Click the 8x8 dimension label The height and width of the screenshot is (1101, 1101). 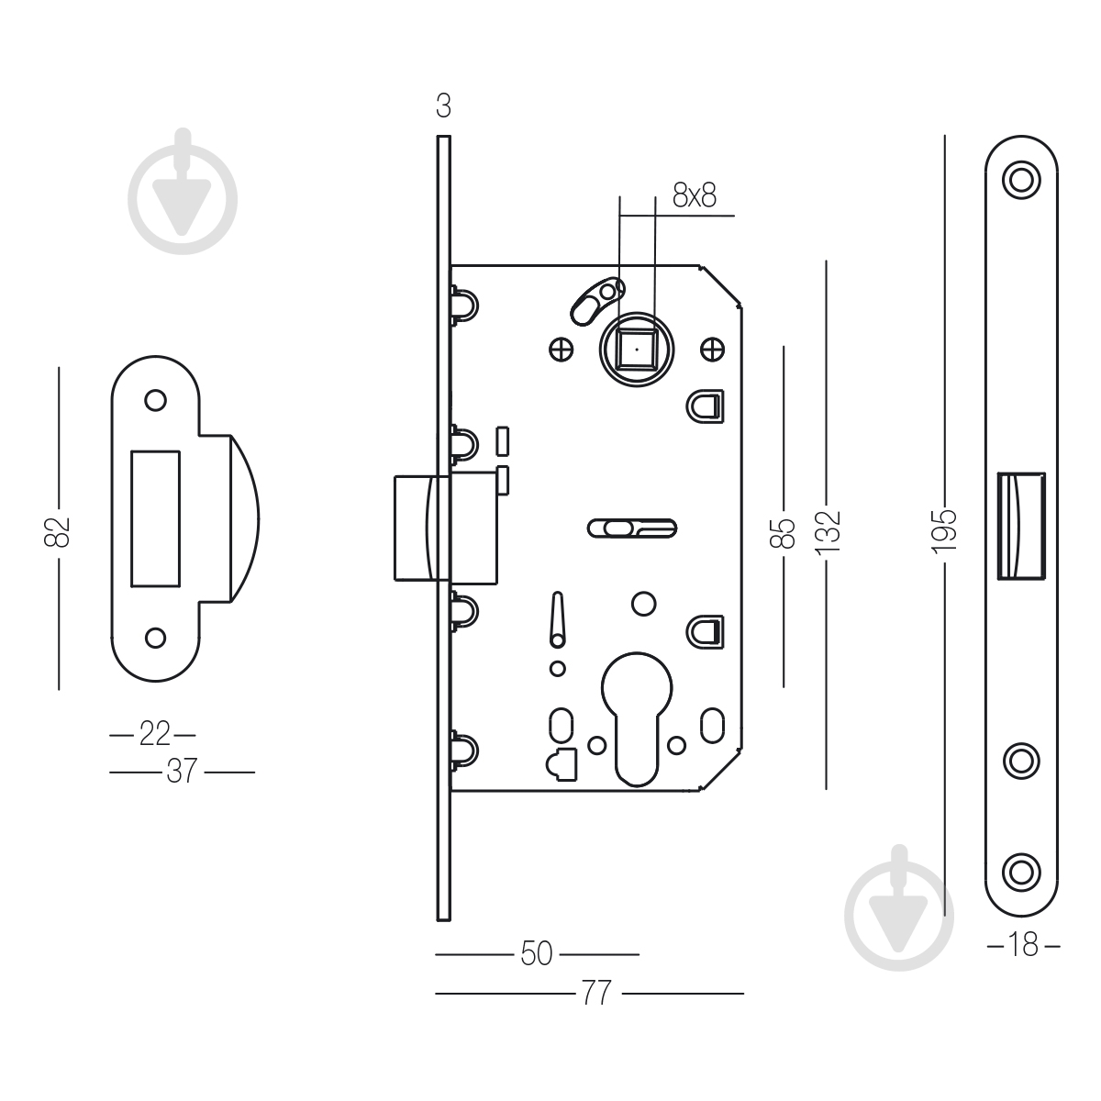point(694,195)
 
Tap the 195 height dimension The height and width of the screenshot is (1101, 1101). point(945,529)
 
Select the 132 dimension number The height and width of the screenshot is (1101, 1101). point(828,529)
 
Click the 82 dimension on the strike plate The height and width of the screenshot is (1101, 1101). point(59,529)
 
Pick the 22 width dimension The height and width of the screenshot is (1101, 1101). point(153,734)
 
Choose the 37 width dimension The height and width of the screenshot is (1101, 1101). point(182,772)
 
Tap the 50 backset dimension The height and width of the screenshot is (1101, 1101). point(537,954)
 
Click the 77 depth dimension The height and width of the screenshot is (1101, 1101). point(596,993)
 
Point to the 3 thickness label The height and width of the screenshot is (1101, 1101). point(443,107)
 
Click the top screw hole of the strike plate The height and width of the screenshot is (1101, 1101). point(156,401)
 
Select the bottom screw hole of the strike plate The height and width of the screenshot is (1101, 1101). point(156,637)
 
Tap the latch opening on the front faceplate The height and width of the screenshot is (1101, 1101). point(1019,527)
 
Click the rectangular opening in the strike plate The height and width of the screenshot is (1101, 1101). point(156,517)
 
